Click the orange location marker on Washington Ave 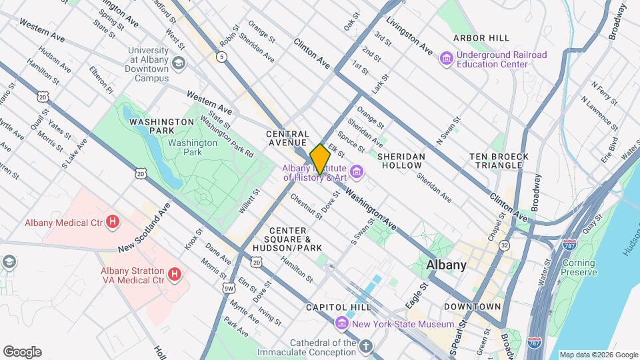[320, 159]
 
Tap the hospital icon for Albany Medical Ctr [113, 221]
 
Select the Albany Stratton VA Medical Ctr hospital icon [174, 274]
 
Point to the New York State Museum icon [342, 324]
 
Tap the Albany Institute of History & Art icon [357, 173]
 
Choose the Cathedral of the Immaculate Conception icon [365, 347]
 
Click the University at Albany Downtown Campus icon [178, 63]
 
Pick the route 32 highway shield [505, 245]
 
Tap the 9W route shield [228, 289]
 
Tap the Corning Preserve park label [578, 267]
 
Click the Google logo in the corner [22, 352]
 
